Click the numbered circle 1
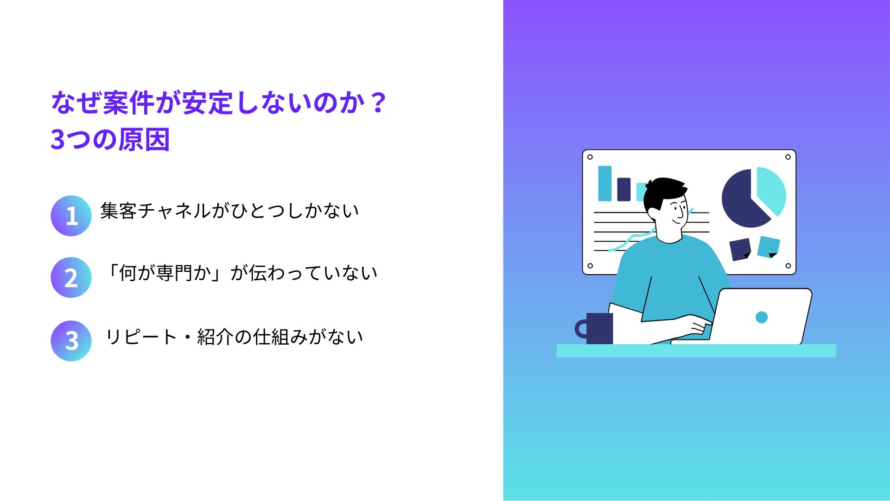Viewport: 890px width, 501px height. tap(71, 216)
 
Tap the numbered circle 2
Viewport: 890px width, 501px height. tap(71, 277)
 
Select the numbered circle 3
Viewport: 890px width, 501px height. tap(71, 341)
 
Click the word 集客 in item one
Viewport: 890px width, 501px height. tap(119, 211)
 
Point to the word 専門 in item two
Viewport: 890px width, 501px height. tap(174, 273)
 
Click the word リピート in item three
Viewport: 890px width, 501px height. tap(141, 337)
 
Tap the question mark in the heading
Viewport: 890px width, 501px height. tap(379, 103)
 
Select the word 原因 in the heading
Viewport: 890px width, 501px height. tap(144, 139)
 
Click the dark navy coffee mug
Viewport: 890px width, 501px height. tap(595, 328)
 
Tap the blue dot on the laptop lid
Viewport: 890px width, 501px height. tap(762, 317)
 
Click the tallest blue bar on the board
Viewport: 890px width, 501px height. tap(605, 183)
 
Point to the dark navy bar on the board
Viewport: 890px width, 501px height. tap(624, 189)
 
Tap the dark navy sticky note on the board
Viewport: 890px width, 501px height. tap(740, 249)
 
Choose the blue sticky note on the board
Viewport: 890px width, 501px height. tap(769, 247)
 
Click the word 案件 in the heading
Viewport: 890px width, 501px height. tap(128, 103)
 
